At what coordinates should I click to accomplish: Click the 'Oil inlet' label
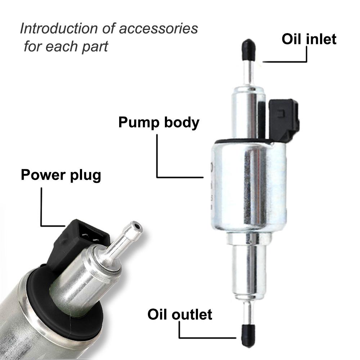(x=309, y=39)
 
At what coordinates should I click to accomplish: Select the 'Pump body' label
(x=159, y=123)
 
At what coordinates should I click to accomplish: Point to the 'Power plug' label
(x=61, y=175)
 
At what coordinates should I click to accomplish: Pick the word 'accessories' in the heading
(x=158, y=29)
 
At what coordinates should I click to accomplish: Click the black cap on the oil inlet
(x=249, y=50)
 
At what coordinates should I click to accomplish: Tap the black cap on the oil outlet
(x=248, y=335)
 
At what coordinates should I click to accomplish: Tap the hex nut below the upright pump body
(x=249, y=238)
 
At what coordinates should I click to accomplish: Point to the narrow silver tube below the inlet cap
(x=249, y=74)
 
